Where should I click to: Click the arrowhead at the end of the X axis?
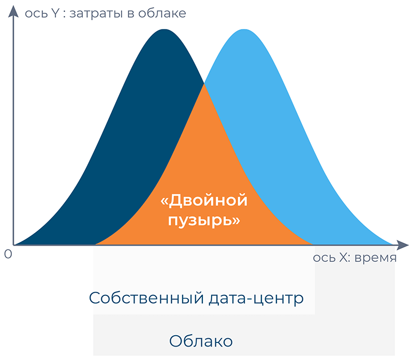pyautogui.click(x=403, y=245)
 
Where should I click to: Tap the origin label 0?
pyautogui.click(x=8, y=254)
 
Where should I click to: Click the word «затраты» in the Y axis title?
pyautogui.click(x=96, y=13)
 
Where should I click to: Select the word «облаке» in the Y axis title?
pyautogui.click(x=162, y=13)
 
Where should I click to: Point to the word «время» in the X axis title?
pyautogui.click(x=375, y=258)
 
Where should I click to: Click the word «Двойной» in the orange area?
pyautogui.click(x=204, y=201)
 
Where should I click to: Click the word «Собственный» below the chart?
pyautogui.click(x=146, y=298)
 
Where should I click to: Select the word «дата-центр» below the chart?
pyautogui.click(x=256, y=298)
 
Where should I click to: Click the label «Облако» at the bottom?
pyautogui.click(x=201, y=341)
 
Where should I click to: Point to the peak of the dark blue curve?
pyautogui.click(x=164, y=29)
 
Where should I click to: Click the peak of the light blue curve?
pyautogui.click(x=244, y=29)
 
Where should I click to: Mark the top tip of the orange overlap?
pyautogui.click(x=204, y=84)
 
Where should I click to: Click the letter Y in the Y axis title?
pyautogui.click(x=55, y=13)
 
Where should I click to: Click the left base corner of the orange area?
pyautogui.click(x=95, y=245)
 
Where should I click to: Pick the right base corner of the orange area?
pyautogui.click(x=313, y=245)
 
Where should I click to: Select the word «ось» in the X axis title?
pyautogui.click(x=325, y=258)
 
